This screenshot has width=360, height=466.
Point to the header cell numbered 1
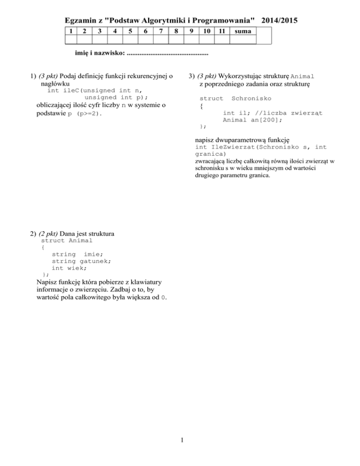[69, 32]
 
